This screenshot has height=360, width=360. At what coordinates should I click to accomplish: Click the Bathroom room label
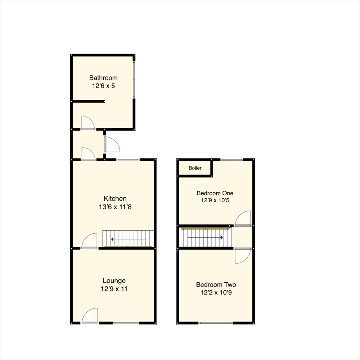[103, 78]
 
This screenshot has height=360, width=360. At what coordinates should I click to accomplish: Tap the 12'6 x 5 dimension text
[103, 86]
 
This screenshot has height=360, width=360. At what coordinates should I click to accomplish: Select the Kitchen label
[115, 199]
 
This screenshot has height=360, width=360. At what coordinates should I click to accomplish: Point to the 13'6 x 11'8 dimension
[115, 207]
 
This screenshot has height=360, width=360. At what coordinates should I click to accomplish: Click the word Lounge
[114, 281]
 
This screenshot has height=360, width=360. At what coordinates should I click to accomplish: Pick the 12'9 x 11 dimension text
[114, 289]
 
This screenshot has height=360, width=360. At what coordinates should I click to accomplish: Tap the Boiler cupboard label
[195, 168]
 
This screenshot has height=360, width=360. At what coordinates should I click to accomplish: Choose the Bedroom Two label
[216, 285]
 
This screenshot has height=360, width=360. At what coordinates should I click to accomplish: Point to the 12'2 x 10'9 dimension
[216, 293]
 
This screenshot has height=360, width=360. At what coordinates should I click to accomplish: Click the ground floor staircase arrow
[129, 239]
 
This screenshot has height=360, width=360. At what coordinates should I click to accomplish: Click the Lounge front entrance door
[90, 316]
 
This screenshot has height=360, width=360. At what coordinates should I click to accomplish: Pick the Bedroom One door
[243, 219]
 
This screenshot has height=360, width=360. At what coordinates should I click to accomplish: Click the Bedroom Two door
[243, 256]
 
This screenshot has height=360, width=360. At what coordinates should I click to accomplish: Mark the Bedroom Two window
[216, 323]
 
